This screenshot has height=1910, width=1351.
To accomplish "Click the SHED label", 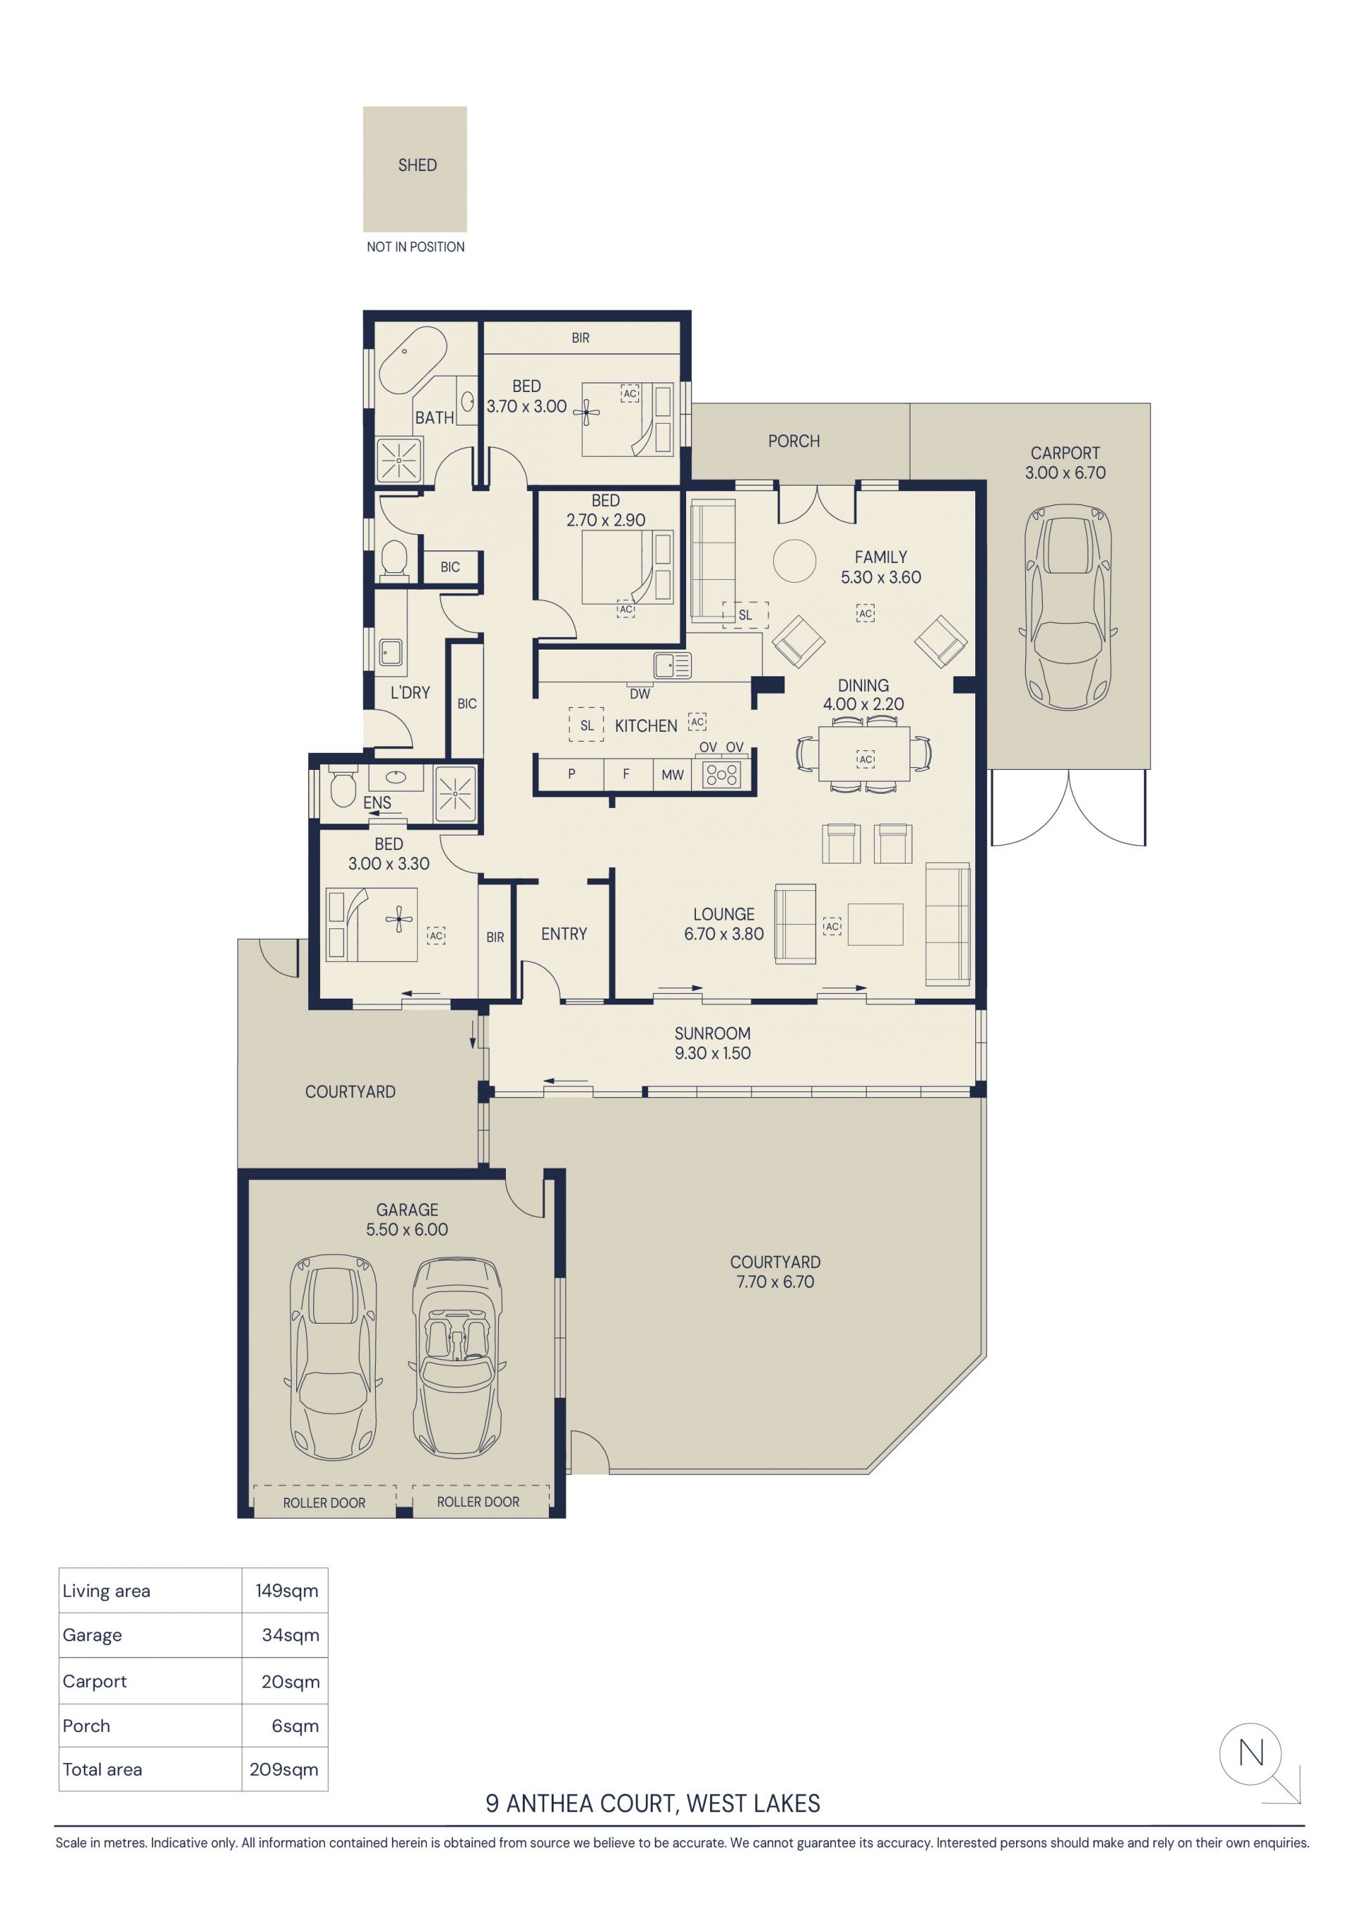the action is (417, 165).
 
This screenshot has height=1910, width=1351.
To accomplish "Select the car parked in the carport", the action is (1067, 607).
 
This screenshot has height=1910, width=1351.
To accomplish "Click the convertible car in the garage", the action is (457, 1357).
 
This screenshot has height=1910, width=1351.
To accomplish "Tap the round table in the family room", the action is (794, 561).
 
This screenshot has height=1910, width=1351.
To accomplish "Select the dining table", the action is (864, 754).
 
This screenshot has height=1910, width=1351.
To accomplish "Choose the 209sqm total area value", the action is (284, 1769).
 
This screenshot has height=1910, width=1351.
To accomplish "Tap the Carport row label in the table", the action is (95, 1681).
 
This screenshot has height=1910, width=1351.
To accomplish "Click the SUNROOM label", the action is (712, 1033).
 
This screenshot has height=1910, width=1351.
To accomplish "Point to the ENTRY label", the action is (564, 934).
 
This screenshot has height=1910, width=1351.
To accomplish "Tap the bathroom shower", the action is (399, 460).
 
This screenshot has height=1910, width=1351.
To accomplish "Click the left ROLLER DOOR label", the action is (324, 1503).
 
